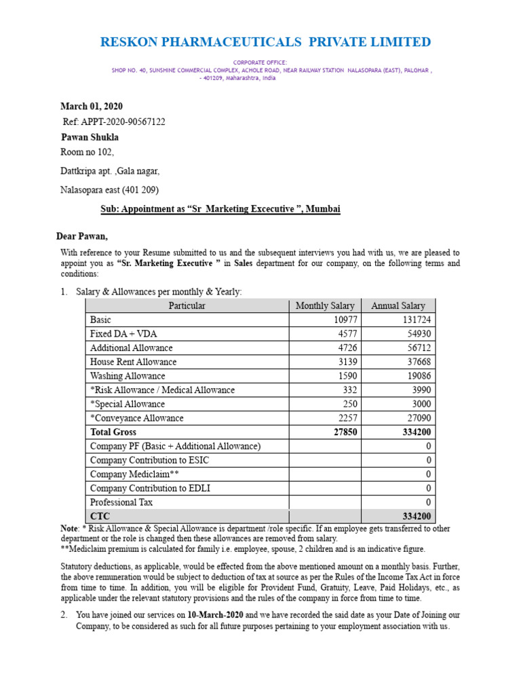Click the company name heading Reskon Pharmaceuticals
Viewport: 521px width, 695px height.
tap(265, 42)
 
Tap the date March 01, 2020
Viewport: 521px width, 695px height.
tap(92, 107)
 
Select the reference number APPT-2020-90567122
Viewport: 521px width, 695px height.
tap(122, 122)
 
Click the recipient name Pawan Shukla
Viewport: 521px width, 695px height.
tap(90, 137)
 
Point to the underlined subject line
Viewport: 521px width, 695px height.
tap(220, 210)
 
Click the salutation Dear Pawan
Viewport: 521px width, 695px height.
tap(81, 236)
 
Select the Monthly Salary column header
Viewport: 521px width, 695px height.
tap(325, 306)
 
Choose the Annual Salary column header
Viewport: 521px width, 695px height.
tap(398, 306)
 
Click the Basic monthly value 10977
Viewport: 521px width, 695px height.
tap(343, 320)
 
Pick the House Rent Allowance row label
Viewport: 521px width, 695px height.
tap(133, 362)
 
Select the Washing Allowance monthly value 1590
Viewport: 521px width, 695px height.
tap(345, 376)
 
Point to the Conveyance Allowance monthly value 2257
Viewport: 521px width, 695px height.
tap(345, 418)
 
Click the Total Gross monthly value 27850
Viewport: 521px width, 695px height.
tap(342, 432)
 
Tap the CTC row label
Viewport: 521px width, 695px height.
tap(100, 516)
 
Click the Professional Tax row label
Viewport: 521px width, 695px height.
tap(121, 502)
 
